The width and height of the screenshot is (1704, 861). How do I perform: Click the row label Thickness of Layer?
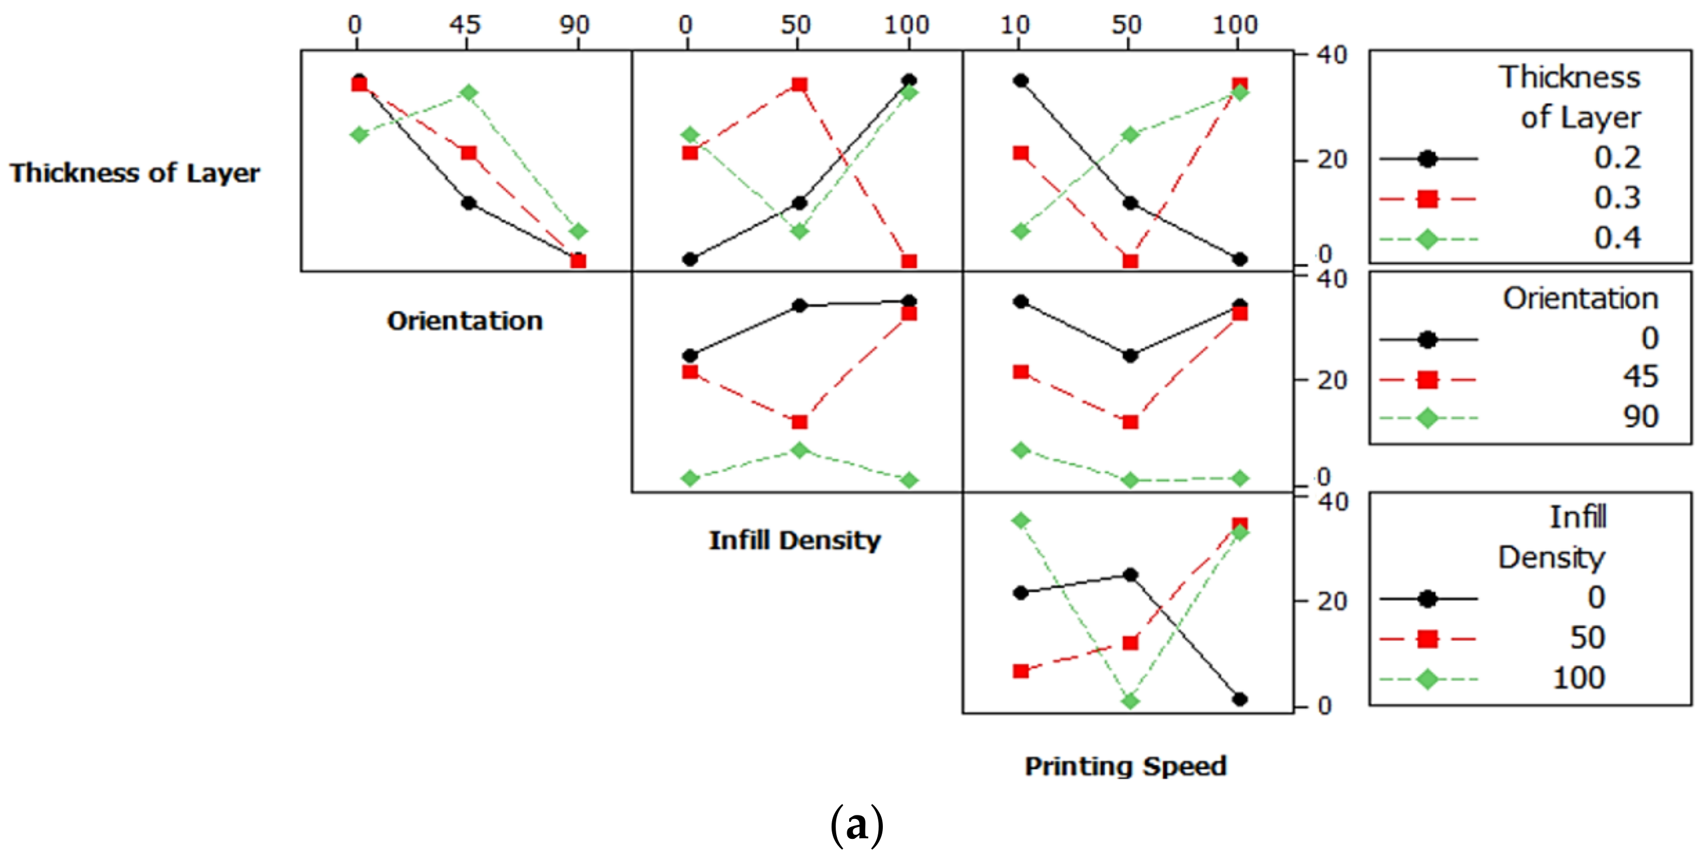tap(134, 173)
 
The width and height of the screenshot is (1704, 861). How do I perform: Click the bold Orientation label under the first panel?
tap(464, 321)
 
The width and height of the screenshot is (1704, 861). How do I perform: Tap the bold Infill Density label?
tap(794, 540)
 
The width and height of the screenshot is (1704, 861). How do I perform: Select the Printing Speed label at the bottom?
tap(1125, 766)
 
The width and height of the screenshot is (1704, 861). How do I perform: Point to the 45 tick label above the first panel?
tap(465, 25)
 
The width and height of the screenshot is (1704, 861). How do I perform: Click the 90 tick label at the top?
tap(574, 25)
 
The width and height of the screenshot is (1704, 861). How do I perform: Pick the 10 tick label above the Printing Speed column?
tap(1015, 25)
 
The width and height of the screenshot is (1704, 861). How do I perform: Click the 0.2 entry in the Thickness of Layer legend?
tap(1617, 158)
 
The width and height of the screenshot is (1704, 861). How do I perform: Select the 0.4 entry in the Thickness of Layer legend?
tap(1617, 238)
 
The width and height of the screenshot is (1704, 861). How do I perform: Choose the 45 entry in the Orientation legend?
tap(1640, 377)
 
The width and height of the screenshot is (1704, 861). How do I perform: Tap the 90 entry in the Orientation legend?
tap(1640, 417)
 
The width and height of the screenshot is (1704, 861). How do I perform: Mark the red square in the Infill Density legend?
tap(1428, 639)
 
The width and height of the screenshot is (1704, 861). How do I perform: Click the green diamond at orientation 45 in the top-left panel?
tap(468, 93)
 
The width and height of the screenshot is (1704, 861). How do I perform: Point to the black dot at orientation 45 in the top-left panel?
tap(468, 203)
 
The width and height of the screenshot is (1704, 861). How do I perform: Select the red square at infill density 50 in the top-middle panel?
tap(799, 85)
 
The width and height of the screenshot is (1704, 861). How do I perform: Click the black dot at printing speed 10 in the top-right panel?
tap(1021, 80)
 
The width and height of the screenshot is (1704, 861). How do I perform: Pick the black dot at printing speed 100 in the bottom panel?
tap(1240, 699)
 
